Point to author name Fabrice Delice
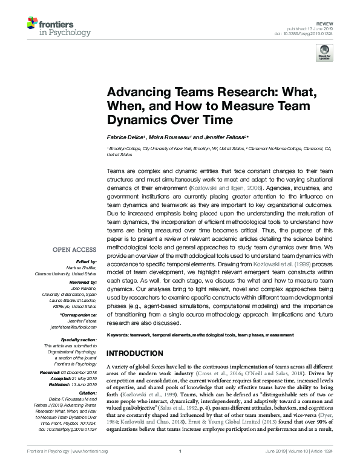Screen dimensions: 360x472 tap(125, 137)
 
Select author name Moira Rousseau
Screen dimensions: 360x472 tap(169, 137)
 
